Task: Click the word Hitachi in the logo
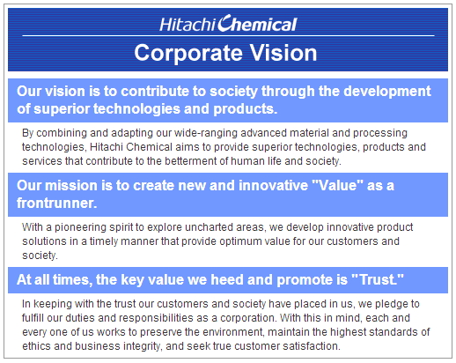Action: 188,25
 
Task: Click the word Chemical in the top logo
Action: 257,23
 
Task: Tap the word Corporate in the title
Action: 188,53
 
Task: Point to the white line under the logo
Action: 228,36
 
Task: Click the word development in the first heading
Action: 387,92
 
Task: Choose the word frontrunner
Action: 56,203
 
